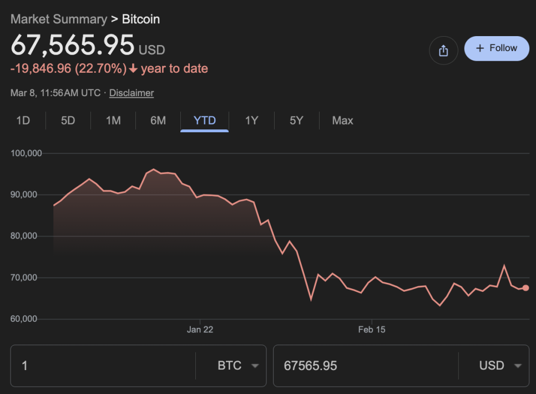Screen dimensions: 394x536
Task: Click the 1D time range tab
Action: point(23,121)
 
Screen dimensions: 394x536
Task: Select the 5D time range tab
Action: point(68,121)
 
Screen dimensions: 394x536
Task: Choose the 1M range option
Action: point(113,121)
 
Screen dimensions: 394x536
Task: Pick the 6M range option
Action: point(158,121)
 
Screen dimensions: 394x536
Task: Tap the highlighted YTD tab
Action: point(204,121)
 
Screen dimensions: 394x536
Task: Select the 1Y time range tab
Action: point(252,121)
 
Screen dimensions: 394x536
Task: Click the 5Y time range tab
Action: point(296,121)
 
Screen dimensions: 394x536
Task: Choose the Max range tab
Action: point(342,121)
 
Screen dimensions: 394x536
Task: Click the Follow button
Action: point(497,48)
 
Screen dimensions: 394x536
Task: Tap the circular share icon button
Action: point(443,51)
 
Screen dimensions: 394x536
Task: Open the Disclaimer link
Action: point(132,93)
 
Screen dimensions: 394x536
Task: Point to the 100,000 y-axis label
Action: point(27,153)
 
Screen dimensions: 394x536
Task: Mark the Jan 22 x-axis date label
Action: point(200,330)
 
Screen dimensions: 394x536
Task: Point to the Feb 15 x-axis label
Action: point(372,330)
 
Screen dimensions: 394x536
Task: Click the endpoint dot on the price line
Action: point(525,288)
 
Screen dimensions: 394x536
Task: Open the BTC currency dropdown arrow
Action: point(255,366)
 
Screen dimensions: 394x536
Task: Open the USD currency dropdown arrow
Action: point(518,366)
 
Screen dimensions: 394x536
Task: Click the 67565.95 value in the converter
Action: point(310,366)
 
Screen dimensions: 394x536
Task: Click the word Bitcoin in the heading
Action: point(141,19)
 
